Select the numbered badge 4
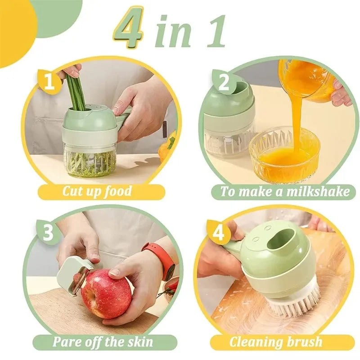point(218,233)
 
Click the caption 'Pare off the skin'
point(103,341)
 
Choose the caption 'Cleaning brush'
point(275,342)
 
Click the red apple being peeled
point(106,293)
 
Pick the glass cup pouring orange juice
point(306,79)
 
